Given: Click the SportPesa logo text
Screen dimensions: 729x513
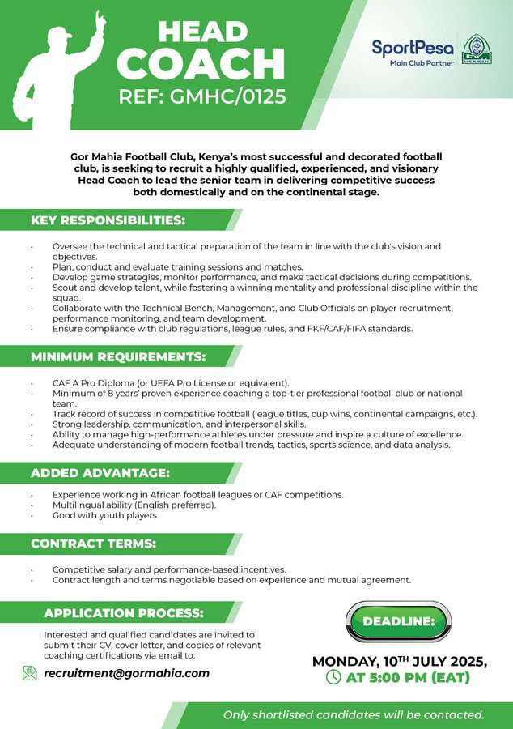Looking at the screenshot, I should point(413,47).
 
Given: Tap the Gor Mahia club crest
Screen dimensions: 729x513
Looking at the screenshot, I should point(477,49).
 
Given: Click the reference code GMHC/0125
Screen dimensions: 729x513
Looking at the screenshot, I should point(231,97).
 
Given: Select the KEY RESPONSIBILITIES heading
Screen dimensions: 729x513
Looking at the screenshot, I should point(108,220).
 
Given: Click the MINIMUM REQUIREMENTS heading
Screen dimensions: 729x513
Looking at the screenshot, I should point(118,356).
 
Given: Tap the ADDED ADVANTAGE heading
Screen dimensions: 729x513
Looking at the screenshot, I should point(100,473).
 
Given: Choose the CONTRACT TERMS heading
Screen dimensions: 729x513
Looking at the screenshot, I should point(94,543).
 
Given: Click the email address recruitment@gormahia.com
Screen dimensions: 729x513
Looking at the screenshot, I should point(126,673).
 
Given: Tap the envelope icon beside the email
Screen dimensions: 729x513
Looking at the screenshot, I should point(30,673).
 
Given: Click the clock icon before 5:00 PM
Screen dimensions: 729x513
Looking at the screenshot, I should point(333,677).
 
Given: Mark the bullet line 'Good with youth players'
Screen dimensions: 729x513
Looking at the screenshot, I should point(104,515).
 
